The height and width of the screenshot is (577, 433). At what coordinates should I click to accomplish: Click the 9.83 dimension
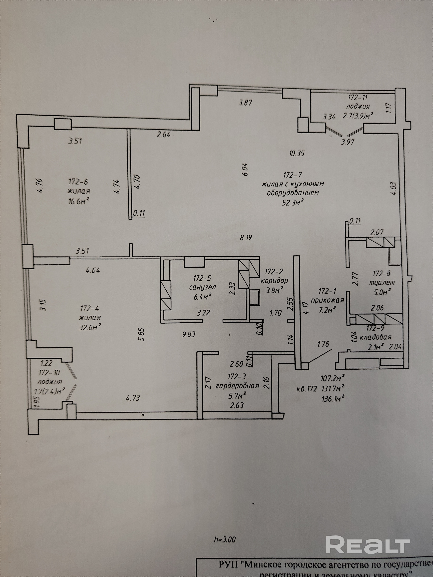click(x=189, y=334)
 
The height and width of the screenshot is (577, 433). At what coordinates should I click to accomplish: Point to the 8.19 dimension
click(x=246, y=238)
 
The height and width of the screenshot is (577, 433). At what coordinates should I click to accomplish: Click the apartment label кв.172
click(x=307, y=389)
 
